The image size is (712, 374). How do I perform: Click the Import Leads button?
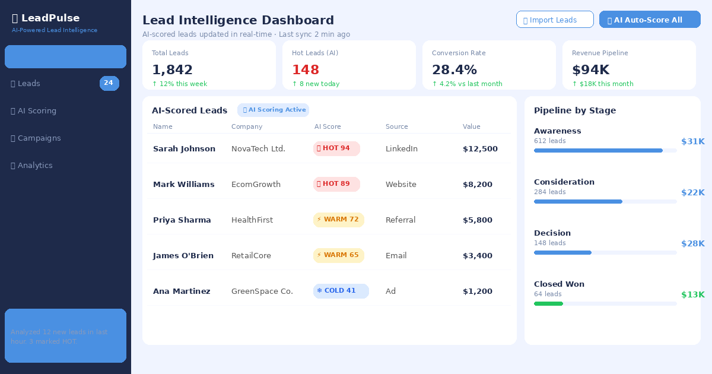click(x=555, y=20)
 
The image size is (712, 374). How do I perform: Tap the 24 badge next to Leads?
click(x=109, y=84)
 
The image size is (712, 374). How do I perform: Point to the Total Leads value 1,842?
click(x=172, y=70)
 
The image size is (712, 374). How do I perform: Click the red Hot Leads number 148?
click(x=306, y=70)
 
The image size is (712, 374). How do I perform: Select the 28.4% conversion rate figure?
click(x=454, y=70)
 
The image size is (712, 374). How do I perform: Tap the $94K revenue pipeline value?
click(x=590, y=70)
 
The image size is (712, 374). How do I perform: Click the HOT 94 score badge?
click(x=336, y=148)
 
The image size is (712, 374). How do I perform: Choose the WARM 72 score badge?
click(x=338, y=220)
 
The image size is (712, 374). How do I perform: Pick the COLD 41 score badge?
click(x=341, y=291)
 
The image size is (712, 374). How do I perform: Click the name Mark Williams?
click(x=184, y=185)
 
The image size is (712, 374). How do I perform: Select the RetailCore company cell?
click(x=251, y=256)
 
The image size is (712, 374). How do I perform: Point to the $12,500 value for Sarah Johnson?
click(x=480, y=149)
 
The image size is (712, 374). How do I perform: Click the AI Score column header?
click(x=328, y=127)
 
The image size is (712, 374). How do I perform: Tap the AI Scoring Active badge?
click(x=273, y=110)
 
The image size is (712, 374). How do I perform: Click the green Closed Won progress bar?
click(x=548, y=303)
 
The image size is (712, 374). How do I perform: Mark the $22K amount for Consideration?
click(x=692, y=192)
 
